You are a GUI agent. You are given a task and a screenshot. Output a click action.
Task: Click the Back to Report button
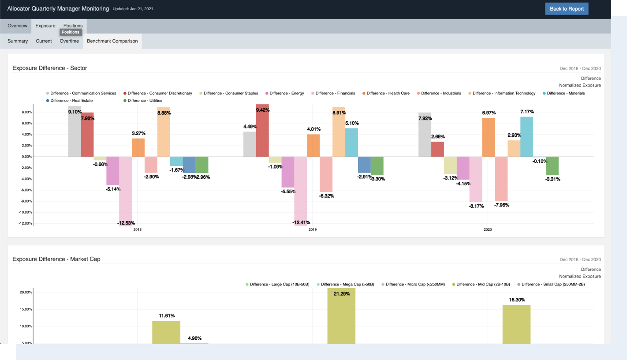coord(567,9)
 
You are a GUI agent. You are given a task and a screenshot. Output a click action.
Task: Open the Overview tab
coord(18,26)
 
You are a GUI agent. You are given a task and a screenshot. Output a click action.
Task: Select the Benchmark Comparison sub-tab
coord(112,41)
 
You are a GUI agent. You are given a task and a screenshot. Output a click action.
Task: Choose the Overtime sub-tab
coord(69,41)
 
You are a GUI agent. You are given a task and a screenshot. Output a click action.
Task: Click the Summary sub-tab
coord(18,41)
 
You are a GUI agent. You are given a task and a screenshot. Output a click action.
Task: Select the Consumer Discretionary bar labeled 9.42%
coord(262,131)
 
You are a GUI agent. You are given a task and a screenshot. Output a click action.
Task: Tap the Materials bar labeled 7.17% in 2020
coord(526,137)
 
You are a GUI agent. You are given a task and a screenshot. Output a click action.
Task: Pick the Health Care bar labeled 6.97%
coord(488,137)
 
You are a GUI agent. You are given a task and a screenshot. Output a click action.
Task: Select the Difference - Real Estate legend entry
coord(71,101)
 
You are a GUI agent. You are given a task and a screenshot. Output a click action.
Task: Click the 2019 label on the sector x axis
coord(313,230)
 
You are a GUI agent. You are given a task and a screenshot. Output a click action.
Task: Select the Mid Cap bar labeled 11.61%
coord(166,332)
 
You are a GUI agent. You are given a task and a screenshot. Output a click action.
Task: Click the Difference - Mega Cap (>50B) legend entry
coord(347,285)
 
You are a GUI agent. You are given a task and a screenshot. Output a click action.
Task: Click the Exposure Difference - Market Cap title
coord(56,259)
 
